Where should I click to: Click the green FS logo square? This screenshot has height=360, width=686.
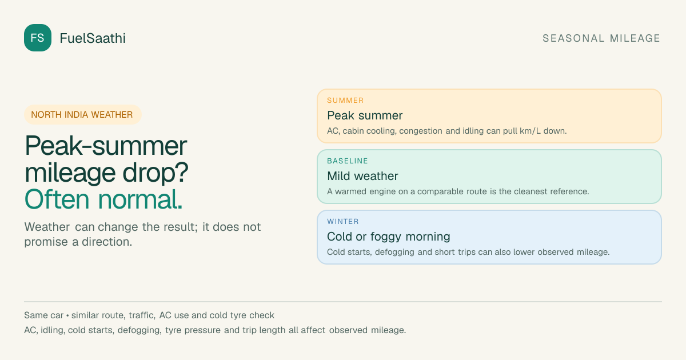[x=38, y=38]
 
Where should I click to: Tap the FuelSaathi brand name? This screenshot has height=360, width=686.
[x=93, y=38]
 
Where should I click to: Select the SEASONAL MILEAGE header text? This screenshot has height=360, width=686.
[x=601, y=38]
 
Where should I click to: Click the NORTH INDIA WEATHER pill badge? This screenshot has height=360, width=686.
[x=83, y=114]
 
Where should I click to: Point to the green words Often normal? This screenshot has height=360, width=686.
[x=103, y=199]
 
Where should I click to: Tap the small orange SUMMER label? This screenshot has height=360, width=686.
[x=345, y=101]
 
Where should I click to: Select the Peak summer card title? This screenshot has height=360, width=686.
[x=365, y=115]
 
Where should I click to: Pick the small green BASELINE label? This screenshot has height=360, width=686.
[x=348, y=161]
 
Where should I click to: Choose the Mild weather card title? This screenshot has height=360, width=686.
[x=362, y=176]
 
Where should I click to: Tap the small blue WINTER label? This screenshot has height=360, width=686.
[x=343, y=222]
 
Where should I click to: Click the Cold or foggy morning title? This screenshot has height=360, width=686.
[x=389, y=237]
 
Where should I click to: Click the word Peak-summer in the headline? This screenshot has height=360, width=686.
[x=106, y=146]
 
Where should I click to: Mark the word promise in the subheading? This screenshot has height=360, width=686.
[x=46, y=242]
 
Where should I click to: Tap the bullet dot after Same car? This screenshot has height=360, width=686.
[x=67, y=315]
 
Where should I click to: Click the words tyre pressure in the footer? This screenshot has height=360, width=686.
[x=193, y=330]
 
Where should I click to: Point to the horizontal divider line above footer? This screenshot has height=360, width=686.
[x=343, y=302]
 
